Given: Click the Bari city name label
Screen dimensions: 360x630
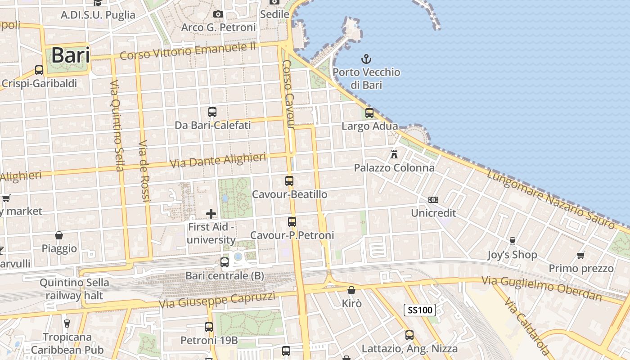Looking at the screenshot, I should (70, 55).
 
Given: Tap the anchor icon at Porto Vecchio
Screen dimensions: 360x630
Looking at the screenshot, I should (366, 59).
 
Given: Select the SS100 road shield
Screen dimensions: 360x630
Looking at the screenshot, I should (419, 310).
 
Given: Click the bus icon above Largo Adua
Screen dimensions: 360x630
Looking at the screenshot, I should (369, 113).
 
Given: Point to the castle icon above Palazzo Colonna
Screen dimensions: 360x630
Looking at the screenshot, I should (394, 154).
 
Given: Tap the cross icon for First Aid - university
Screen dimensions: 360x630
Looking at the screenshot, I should (211, 213).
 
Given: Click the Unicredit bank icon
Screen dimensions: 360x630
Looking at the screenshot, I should (433, 199).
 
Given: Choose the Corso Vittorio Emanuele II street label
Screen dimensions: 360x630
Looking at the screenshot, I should (188, 50).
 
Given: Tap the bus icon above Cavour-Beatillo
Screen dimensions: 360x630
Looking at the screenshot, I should (289, 181).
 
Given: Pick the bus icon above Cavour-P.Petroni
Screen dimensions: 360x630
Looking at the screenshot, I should (292, 222).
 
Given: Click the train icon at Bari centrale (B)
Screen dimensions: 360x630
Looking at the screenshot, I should (225, 262).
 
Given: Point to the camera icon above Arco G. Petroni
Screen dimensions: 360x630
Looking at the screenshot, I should (218, 14).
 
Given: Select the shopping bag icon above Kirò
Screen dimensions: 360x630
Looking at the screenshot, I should (351, 290).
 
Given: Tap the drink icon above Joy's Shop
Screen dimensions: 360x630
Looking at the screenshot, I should (512, 241).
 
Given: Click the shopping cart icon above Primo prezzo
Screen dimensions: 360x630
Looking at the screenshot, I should (581, 255).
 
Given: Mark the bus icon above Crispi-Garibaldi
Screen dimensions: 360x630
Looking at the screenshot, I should (39, 70).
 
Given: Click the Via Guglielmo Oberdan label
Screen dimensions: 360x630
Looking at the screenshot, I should (542, 288).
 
